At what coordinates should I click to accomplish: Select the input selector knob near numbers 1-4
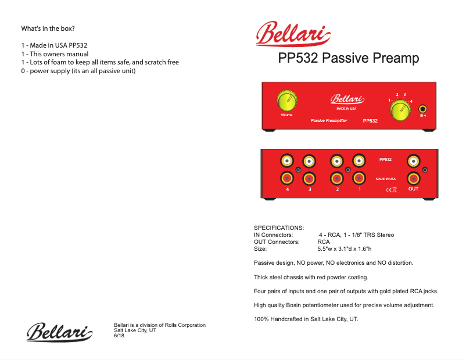pyautogui.click(x=400, y=110)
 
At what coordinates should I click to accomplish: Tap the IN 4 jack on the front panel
pyautogui.click(x=423, y=109)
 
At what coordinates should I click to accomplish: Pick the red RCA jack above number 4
pyautogui.click(x=287, y=178)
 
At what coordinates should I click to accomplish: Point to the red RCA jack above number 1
pyautogui.click(x=359, y=178)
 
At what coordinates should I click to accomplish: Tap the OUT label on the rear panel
pyautogui.click(x=413, y=189)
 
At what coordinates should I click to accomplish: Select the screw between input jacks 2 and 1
pyautogui.click(x=347, y=170)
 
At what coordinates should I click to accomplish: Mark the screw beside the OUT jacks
pyautogui.click(x=425, y=170)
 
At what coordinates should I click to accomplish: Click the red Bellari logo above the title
pyautogui.click(x=294, y=34)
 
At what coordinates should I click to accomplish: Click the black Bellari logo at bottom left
pyautogui.click(x=60, y=333)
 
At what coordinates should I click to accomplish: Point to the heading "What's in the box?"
pyautogui.click(x=48, y=28)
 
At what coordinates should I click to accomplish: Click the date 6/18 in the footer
pyautogui.click(x=119, y=336)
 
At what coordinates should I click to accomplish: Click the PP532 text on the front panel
pyautogui.click(x=370, y=121)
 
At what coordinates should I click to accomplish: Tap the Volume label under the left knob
pyautogui.click(x=286, y=115)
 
